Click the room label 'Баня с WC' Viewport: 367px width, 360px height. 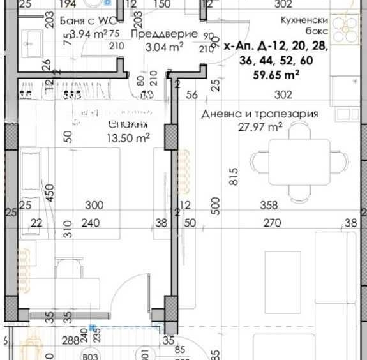[82, 20]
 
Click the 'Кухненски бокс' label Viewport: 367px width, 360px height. [304, 25]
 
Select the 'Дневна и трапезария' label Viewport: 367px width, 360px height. [259, 114]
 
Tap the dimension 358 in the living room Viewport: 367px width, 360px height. [269, 206]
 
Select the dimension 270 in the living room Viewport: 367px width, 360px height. [273, 223]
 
